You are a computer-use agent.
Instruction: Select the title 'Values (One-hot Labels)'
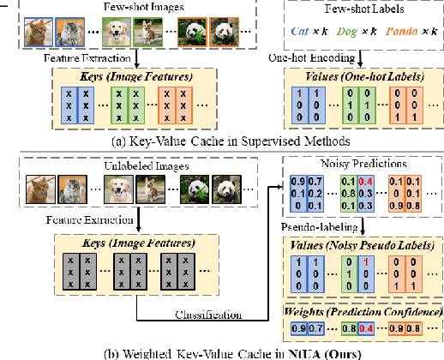click(355, 76)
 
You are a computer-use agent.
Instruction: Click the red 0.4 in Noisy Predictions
click(366, 182)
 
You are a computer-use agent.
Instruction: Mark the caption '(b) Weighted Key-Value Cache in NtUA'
click(221, 351)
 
